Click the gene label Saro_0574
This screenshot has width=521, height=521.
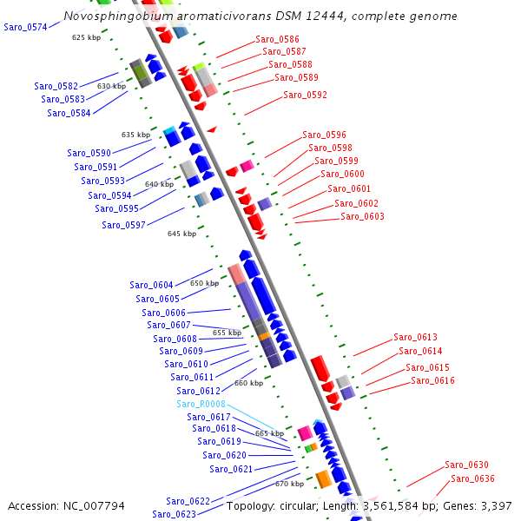click(25, 28)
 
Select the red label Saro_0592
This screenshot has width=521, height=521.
click(305, 95)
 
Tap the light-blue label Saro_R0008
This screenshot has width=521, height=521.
click(201, 404)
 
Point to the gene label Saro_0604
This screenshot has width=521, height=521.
click(151, 285)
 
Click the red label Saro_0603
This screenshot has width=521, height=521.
click(362, 216)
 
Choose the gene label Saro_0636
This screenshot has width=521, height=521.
click(472, 478)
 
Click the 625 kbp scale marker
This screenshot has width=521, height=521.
click(86, 37)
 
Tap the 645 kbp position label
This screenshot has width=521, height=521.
click(181, 234)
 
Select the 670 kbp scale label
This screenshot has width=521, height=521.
click(289, 484)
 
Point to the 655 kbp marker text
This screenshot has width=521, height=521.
click(227, 333)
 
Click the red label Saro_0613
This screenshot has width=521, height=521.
click(415, 337)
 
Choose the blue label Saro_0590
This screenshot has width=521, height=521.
click(89, 153)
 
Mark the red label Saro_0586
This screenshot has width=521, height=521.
click(277, 39)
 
